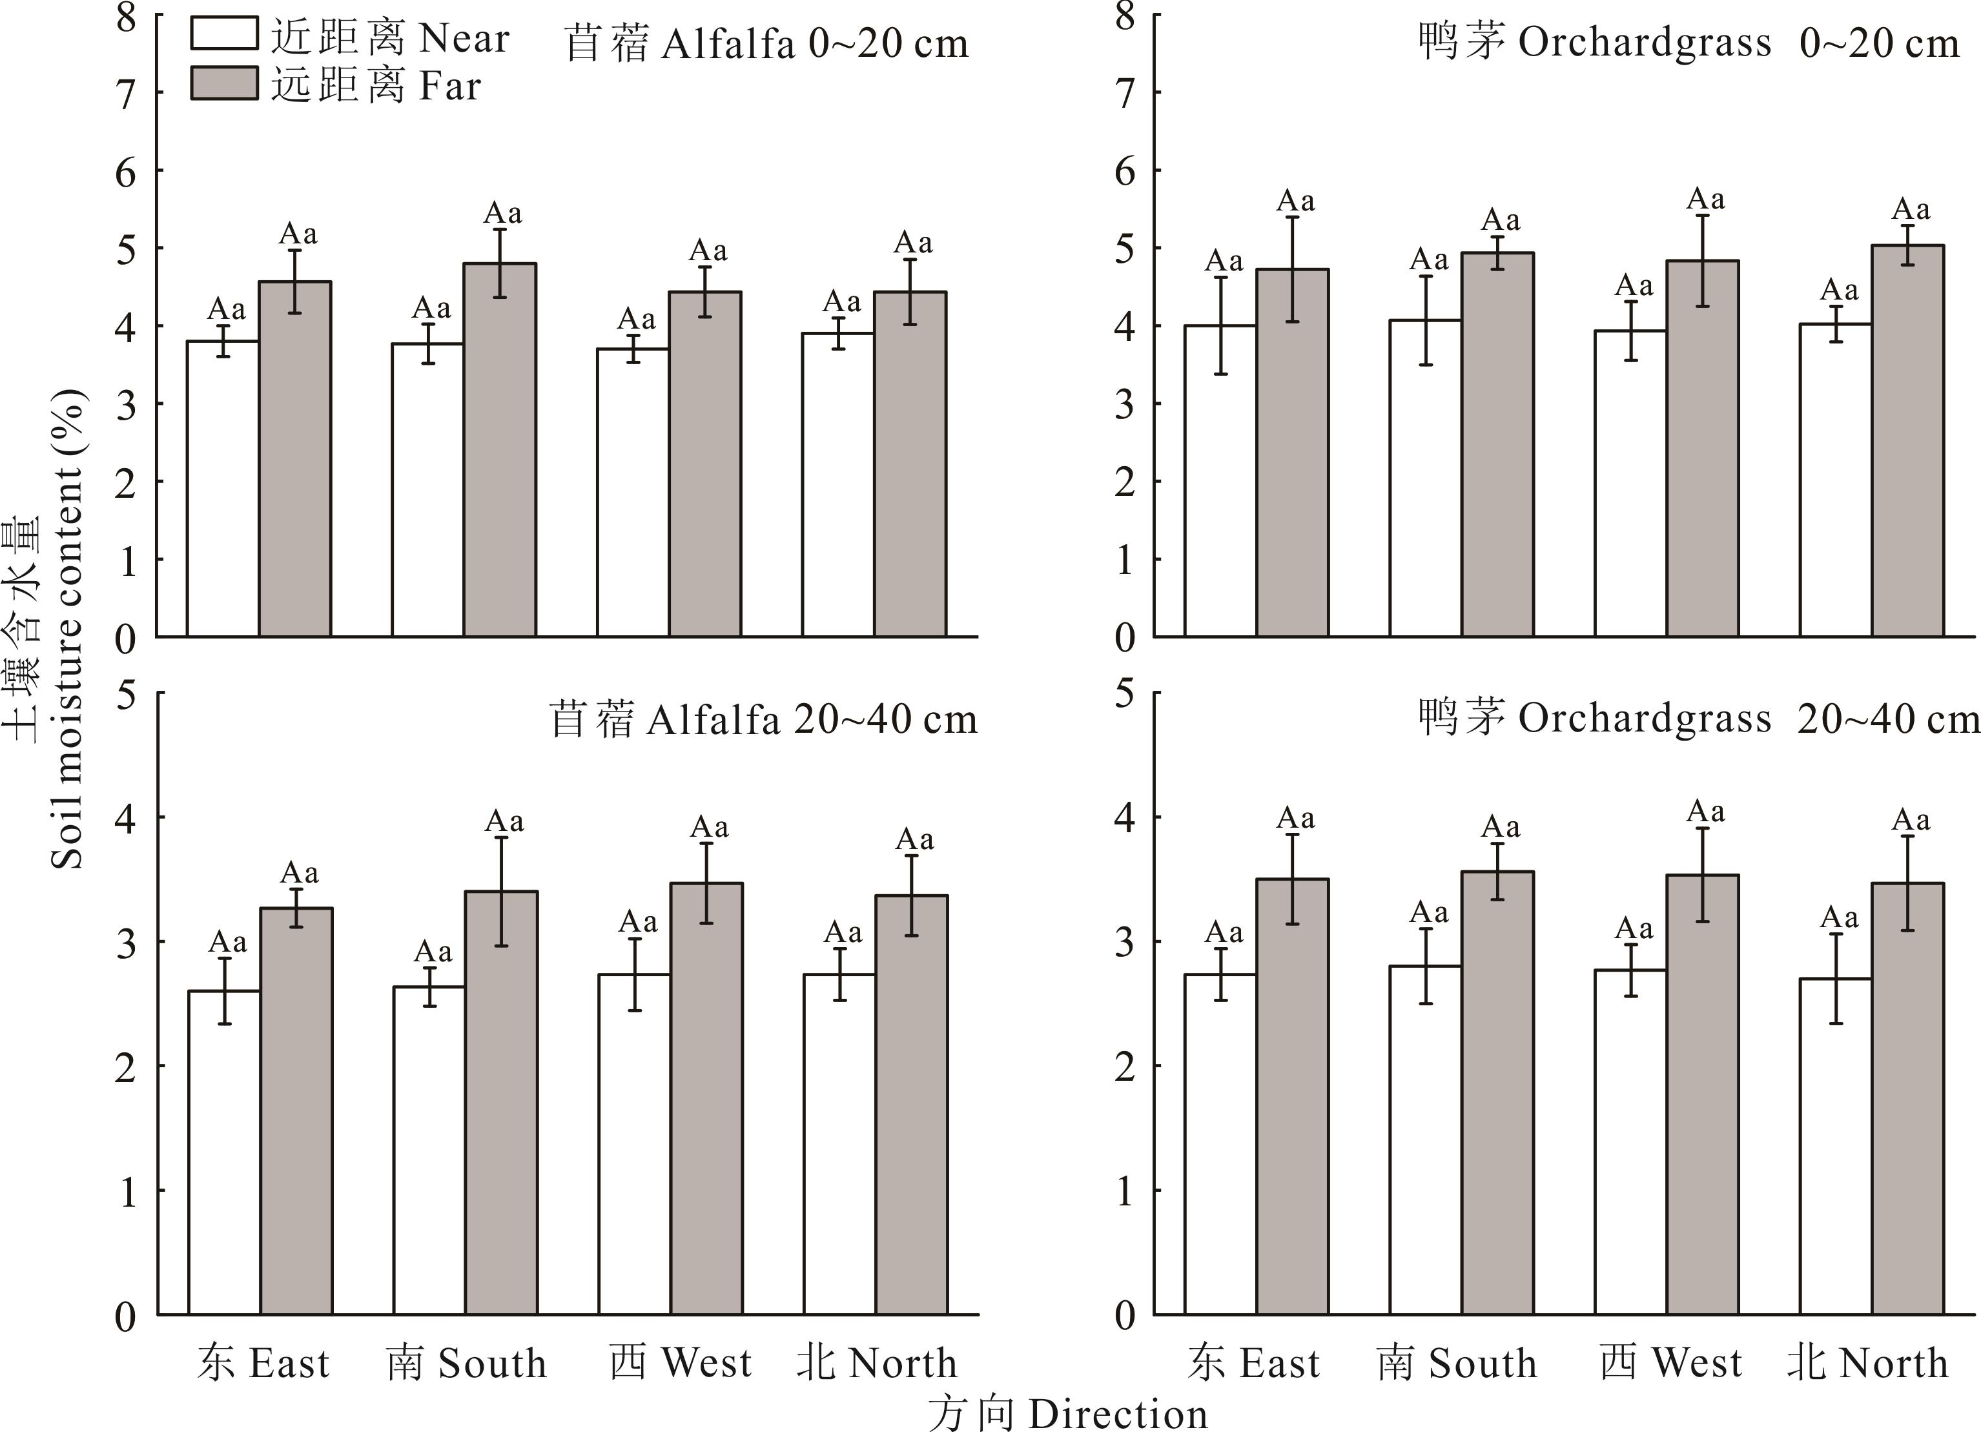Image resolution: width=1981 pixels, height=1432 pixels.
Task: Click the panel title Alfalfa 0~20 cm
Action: click(766, 44)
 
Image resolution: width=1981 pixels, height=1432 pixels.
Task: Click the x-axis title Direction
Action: click(1067, 1413)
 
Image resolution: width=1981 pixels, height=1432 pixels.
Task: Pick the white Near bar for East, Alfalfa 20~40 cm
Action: click(225, 1152)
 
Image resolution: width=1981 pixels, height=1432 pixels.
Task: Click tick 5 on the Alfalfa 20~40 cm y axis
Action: click(127, 695)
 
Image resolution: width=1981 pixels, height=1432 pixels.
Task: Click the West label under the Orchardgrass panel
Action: click(1670, 1363)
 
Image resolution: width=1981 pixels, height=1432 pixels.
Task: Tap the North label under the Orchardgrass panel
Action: click(1867, 1363)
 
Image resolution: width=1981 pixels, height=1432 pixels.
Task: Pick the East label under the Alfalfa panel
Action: click(263, 1363)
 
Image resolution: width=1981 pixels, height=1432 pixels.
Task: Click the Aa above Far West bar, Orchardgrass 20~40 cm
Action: click(1705, 812)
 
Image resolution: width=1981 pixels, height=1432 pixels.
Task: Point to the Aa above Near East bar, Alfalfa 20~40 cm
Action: click(227, 942)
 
